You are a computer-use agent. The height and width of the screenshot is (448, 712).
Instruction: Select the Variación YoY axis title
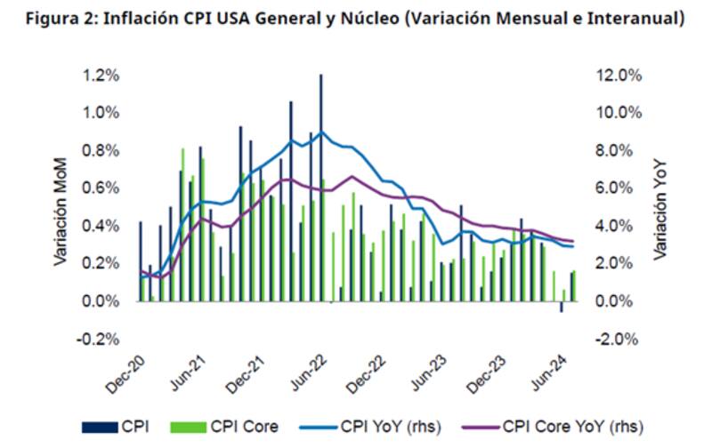point(659,208)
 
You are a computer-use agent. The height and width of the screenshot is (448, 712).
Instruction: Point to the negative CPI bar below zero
point(561,307)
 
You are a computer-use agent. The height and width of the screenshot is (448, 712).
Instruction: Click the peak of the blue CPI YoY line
point(321,132)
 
